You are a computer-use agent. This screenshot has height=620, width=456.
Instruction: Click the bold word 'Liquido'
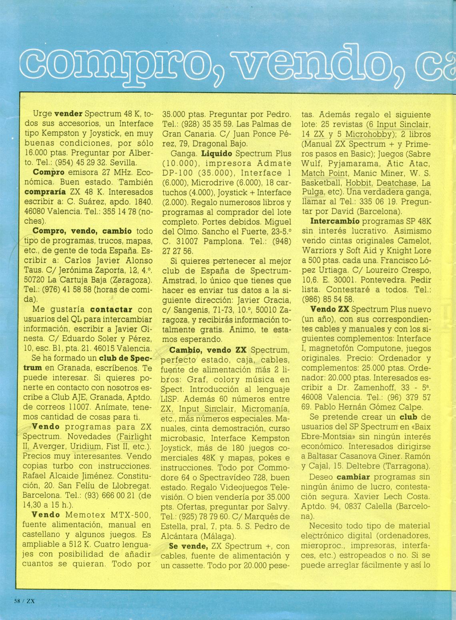(x=217, y=154)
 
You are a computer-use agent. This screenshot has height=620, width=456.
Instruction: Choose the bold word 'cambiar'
(x=353, y=477)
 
